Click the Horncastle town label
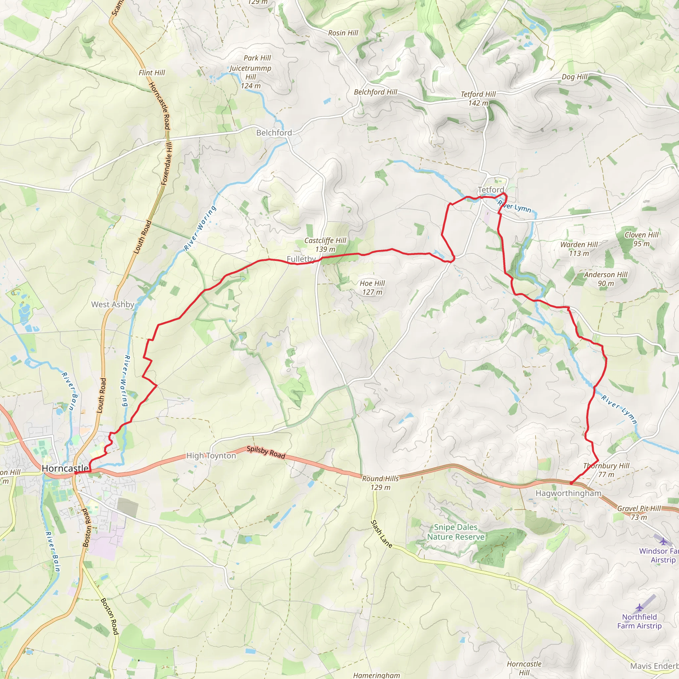[x=65, y=468]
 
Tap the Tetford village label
[x=491, y=190]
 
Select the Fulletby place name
[x=301, y=259]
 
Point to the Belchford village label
[x=274, y=133]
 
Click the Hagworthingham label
[x=568, y=493]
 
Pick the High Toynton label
[x=211, y=456]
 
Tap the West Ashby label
[x=113, y=304]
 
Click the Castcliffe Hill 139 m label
[x=325, y=245]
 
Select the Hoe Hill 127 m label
[x=372, y=287]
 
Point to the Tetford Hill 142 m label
[x=478, y=98]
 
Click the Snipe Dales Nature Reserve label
[x=456, y=532]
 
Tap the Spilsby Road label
[x=266, y=452]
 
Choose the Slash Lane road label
[x=381, y=534]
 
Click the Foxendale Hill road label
[x=167, y=163]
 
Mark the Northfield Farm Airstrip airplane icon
[x=639, y=607]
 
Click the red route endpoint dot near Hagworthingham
[x=571, y=484]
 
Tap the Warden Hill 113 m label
[x=579, y=249]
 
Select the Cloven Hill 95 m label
[x=642, y=239]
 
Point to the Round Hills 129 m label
[x=380, y=483]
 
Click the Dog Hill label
[x=574, y=77]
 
